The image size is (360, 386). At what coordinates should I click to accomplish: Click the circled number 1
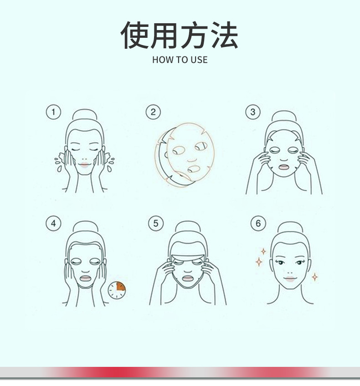point(53,112)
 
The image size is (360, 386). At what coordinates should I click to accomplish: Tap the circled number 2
point(153,112)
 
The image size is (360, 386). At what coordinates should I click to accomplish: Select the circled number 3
point(253,112)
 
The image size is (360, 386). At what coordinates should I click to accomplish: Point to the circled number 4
point(53,223)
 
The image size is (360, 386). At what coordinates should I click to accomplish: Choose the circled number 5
point(156,223)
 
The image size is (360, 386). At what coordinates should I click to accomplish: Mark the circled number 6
point(258,223)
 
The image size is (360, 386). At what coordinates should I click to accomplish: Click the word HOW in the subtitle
point(160,60)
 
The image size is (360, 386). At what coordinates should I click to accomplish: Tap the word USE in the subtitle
point(199,60)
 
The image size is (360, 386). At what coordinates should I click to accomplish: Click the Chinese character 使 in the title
point(135,36)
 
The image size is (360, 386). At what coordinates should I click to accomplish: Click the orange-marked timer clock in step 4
point(117,289)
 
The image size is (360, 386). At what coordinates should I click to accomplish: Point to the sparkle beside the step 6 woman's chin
point(314,277)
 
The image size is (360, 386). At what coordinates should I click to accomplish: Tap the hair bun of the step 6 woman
point(289,227)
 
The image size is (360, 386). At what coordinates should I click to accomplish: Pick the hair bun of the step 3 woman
point(284,116)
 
